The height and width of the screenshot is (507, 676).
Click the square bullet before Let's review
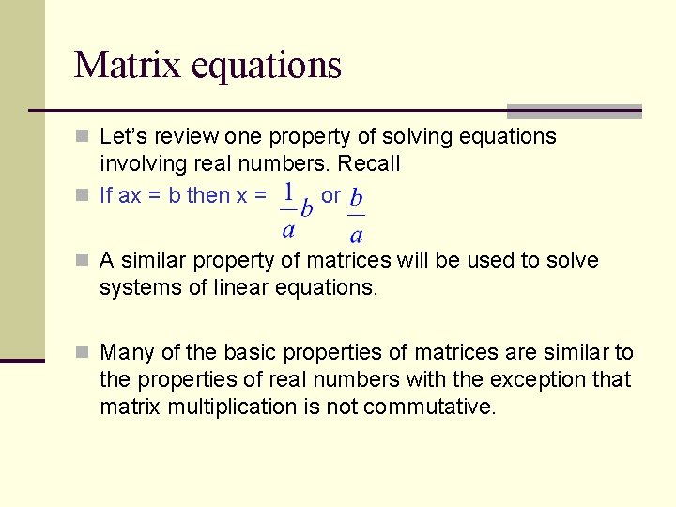tap(84, 137)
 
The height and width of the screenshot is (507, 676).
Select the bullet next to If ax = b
tap(84, 196)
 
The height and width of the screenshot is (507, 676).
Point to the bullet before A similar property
tap(84, 261)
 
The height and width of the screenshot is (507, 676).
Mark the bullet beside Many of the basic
tap(84, 353)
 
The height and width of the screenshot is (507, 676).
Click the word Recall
tap(368, 163)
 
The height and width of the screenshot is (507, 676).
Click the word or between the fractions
tap(330, 195)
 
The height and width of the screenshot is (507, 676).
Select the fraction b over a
tap(357, 217)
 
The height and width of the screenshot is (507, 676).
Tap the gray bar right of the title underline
tap(574, 111)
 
